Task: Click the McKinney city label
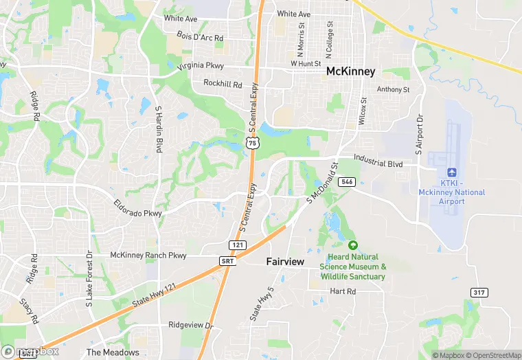350,71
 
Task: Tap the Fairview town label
286,262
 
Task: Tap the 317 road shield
479,293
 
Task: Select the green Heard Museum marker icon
353,245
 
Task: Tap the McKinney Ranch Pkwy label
148,255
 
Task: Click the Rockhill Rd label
223,84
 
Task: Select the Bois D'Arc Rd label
201,36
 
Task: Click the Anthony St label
393,89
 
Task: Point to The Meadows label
113,352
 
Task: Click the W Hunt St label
305,63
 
